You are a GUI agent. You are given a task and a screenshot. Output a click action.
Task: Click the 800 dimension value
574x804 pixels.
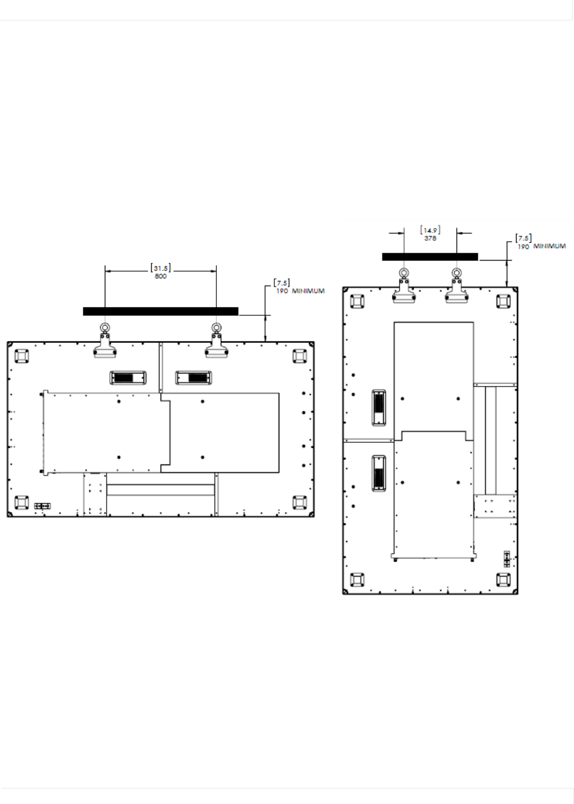161,276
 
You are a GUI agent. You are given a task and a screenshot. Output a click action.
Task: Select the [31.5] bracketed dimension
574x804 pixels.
161,268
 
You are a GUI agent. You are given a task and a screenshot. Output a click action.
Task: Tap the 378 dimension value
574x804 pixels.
430,239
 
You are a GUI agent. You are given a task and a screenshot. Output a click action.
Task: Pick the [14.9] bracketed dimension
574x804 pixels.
430,230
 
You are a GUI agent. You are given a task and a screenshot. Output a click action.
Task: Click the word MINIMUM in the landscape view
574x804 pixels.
308,291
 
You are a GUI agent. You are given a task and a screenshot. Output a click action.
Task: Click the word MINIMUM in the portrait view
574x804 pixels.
550,246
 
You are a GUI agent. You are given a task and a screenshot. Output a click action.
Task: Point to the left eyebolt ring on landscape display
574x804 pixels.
105,327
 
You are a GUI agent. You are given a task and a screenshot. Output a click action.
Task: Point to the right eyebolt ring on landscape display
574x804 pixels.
216,327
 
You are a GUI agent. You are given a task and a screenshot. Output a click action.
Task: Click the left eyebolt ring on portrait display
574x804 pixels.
404,272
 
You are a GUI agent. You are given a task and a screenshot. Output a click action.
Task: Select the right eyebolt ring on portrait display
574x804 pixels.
456,272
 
